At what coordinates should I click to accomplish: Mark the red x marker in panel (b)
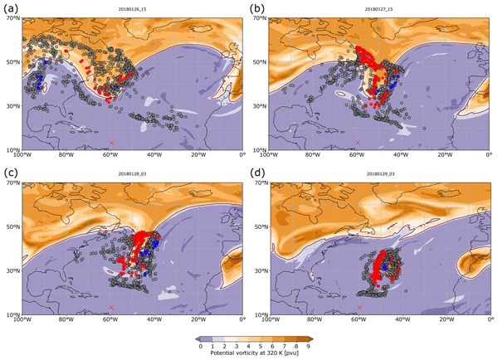(x=358, y=143)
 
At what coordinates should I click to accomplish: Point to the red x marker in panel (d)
(x=358, y=308)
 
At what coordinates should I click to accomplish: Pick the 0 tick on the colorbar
(x=201, y=346)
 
